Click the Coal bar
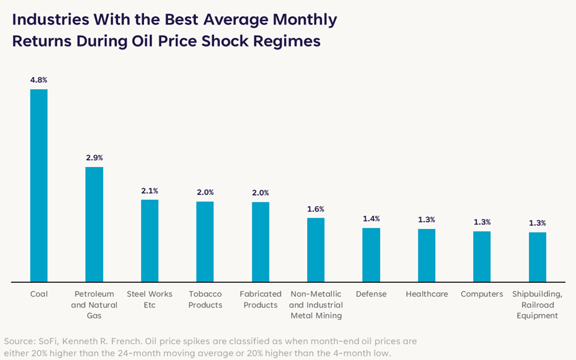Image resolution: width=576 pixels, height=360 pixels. click(x=39, y=186)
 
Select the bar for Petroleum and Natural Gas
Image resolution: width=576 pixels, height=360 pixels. click(x=94, y=225)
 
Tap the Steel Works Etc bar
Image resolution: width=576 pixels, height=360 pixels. click(x=150, y=241)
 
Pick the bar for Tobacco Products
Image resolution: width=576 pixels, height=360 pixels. click(x=205, y=242)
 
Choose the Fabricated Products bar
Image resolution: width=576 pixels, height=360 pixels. click(x=260, y=242)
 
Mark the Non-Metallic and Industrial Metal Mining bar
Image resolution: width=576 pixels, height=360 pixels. click(x=316, y=250)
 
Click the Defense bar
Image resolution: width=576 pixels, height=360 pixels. click(x=371, y=255)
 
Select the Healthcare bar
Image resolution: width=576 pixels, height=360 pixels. click(x=426, y=255)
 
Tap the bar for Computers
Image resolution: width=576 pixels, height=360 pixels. click(x=482, y=257)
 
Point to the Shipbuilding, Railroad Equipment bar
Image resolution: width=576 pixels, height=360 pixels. click(x=538, y=257)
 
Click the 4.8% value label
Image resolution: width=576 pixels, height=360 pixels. click(x=39, y=80)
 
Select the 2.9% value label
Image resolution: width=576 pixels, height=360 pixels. click(x=94, y=158)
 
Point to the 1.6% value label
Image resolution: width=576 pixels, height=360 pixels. click(x=316, y=209)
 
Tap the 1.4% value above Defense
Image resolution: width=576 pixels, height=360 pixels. click(x=371, y=219)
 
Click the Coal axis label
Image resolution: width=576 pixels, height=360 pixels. click(x=39, y=294)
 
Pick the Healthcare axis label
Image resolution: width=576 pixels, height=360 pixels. click(x=426, y=294)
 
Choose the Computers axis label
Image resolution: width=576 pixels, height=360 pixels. click(x=482, y=294)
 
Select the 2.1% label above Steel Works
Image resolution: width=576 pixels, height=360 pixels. click(x=150, y=191)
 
